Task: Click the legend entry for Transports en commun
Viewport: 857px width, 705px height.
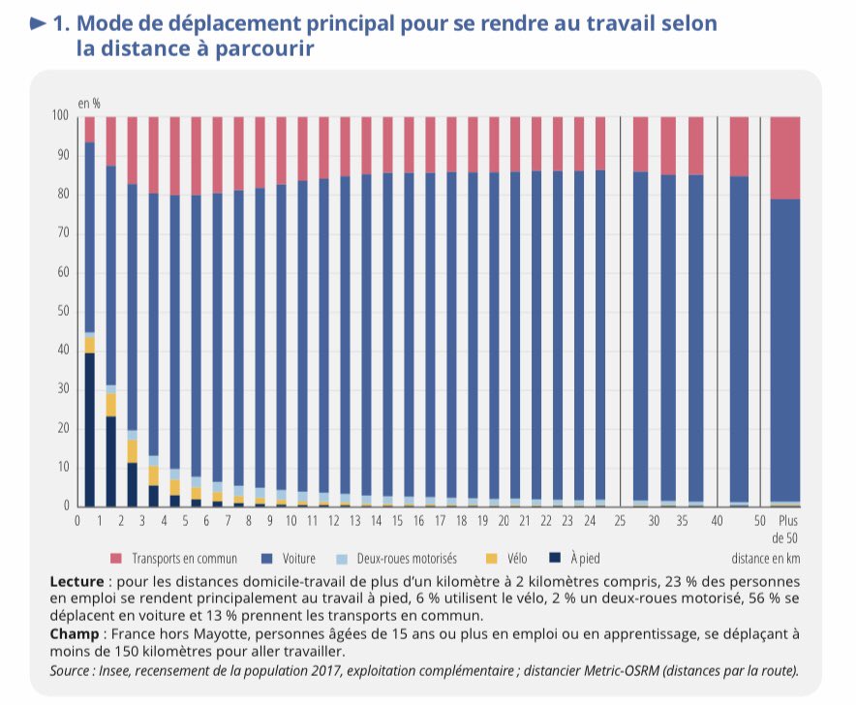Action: click(x=169, y=559)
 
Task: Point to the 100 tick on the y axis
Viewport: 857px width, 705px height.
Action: click(x=60, y=116)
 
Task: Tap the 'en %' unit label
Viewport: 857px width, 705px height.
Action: click(x=89, y=102)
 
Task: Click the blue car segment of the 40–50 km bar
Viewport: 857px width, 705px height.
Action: click(x=739, y=339)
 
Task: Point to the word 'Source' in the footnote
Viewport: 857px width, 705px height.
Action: click(x=69, y=669)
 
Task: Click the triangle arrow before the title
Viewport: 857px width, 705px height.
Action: click(x=38, y=23)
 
